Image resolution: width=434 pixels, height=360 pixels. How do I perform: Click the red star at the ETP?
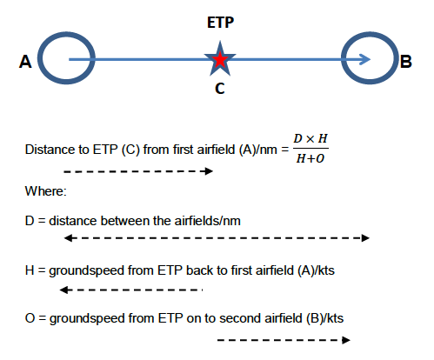tap(220, 59)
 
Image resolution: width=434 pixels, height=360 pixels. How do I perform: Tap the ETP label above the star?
tap(220, 23)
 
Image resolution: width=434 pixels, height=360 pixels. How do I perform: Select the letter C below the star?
tap(220, 89)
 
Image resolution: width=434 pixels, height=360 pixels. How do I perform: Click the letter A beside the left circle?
tap(25, 62)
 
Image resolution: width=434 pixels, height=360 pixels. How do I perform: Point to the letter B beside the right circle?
tap(406, 62)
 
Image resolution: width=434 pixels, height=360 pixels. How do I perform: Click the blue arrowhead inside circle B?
tap(365, 59)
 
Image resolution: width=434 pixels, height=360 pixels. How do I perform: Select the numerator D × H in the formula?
tap(310, 138)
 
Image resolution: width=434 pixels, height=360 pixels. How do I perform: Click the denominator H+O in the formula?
tap(310, 158)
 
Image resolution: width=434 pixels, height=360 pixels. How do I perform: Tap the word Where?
tap(46, 191)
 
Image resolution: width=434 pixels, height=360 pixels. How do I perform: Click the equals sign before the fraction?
tap(285, 150)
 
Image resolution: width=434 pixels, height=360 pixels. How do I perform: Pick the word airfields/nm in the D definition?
tap(207, 221)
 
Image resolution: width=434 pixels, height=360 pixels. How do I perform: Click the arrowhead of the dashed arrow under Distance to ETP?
tap(209, 171)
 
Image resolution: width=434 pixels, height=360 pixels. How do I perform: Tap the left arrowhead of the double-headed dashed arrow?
tap(68, 238)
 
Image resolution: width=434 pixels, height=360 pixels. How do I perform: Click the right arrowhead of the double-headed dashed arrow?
tap(365, 238)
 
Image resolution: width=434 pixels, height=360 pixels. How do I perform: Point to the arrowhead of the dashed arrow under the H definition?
tap(63, 290)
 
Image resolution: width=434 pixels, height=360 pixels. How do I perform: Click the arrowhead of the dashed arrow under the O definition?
tap(346, 340)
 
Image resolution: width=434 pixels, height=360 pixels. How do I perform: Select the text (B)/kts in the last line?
tap(324, 318)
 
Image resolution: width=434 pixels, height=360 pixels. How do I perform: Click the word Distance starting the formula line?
tap(50, 150)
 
